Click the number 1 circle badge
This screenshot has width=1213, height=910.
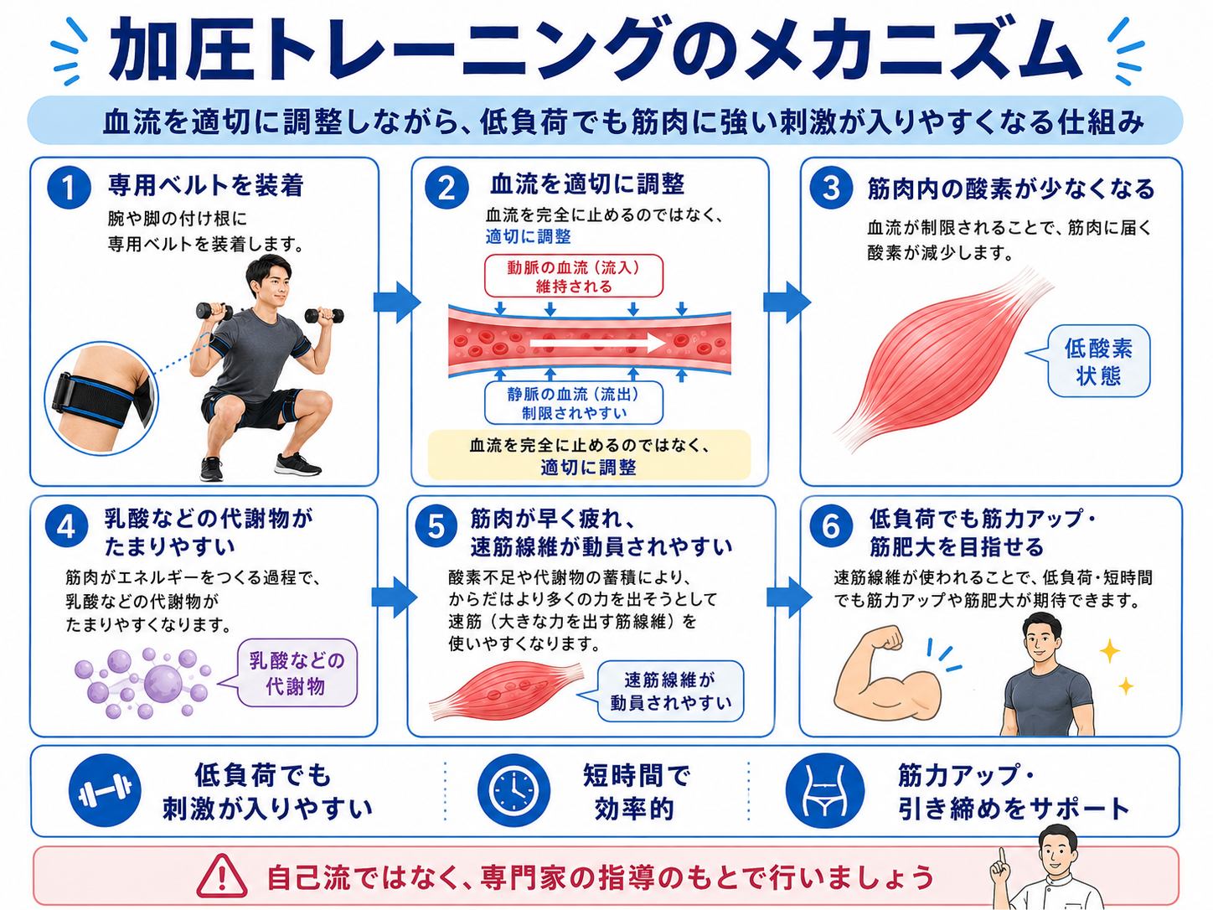(69, 188)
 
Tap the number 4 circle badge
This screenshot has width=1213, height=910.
(66, 527)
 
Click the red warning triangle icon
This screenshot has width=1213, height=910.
(222, 876)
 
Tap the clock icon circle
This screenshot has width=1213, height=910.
(514, 791)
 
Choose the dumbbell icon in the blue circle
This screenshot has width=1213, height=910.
(105, 791)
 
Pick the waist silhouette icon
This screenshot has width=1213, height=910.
(824, 791)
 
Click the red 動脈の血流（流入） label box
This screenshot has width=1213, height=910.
(574, 277)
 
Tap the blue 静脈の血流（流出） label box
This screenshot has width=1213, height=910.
(574, 403)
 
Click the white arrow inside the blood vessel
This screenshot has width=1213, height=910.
(597, 344)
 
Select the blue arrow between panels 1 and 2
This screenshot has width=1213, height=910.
(397, 302)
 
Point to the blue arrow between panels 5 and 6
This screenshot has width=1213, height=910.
(789, 597)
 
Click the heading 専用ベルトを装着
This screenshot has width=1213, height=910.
(205, 186)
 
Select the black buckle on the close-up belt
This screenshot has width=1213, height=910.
(62, 393)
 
